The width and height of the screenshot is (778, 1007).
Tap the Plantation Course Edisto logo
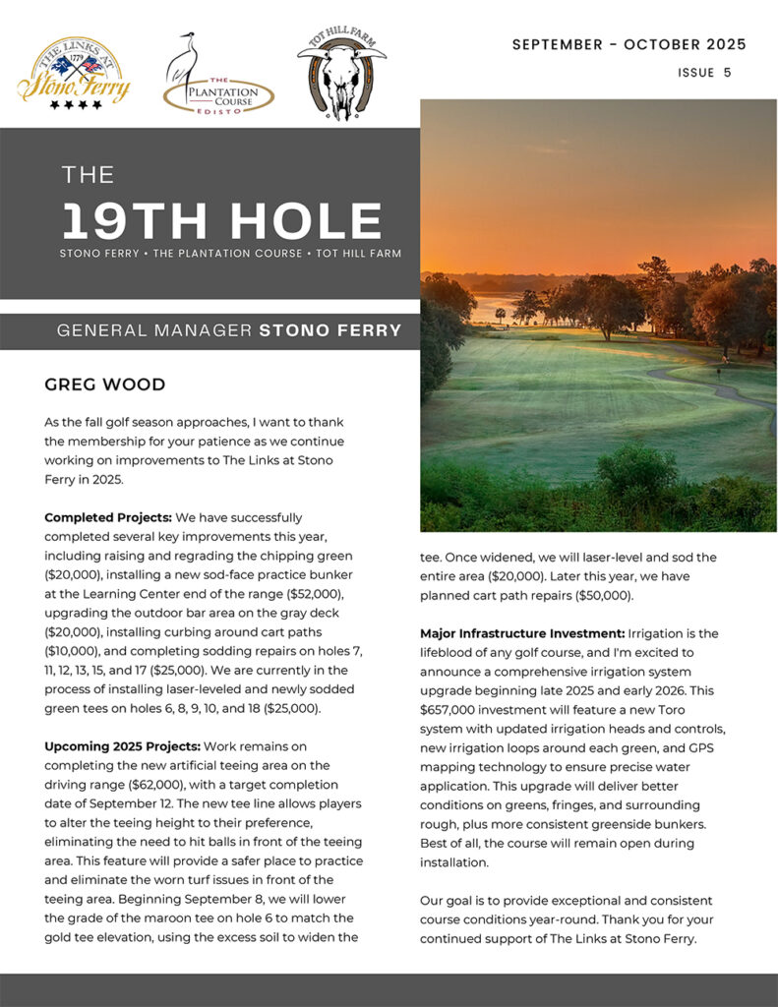[x=217, y=79]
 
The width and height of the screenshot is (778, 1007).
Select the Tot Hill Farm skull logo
[x=341, y=75]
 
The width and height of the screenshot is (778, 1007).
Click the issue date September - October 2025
[x=628, y=44]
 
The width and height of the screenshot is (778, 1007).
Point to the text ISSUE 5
[x=704, y=73]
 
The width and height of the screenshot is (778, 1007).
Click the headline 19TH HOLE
[x=221, y=221]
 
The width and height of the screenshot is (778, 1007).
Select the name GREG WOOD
[x=104, y=385]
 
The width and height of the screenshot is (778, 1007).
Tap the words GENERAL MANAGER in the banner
[x=154, y=330]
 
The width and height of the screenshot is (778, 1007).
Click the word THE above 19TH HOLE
[x=88, y=175]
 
